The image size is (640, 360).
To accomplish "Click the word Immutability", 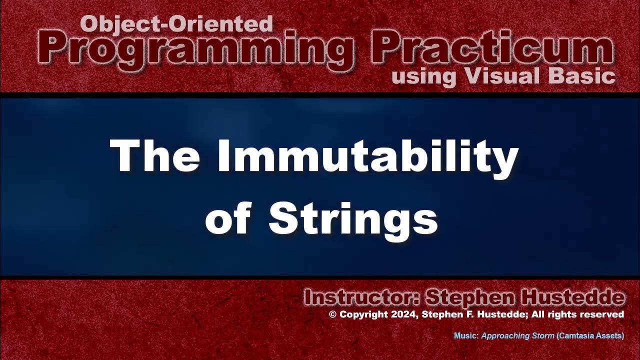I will (367, 156).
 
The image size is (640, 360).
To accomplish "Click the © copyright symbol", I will (332, 314).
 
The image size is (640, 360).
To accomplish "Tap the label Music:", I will (466, 336).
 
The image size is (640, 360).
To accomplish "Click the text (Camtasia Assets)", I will (590, 336).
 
